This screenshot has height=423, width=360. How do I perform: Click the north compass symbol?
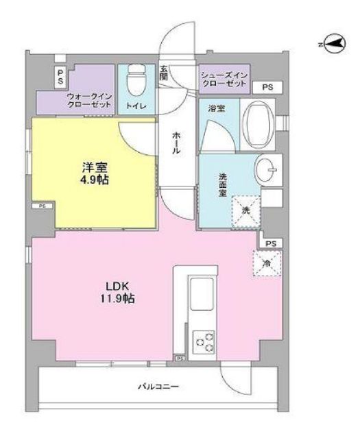click(333, 44)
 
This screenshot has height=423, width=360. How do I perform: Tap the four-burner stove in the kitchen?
click(204, 339)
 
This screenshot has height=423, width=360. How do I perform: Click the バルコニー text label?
click(163, 387)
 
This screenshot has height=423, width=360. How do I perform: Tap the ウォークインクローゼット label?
click(88, 101)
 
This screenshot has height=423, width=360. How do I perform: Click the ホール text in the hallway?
click(176, 143)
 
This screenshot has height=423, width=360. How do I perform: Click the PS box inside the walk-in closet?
click(60, 76)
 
